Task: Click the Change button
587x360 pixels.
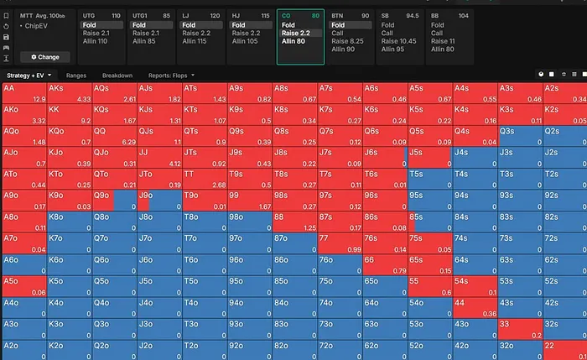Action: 45,57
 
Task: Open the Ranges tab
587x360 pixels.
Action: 76,76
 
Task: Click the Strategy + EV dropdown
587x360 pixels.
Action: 29,76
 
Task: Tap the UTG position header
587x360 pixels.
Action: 91,15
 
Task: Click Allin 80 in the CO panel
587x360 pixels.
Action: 294,41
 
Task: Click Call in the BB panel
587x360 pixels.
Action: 437,34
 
